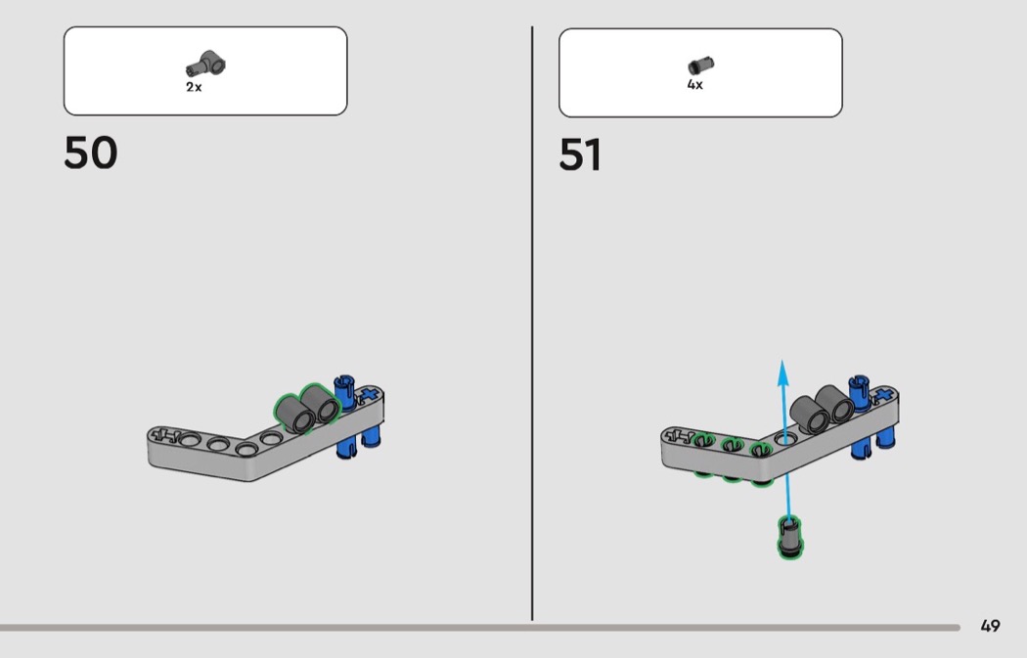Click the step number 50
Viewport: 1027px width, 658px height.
[x=90, y=154]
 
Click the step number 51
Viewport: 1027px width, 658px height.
[x=580, y=155]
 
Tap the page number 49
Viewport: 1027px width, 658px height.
[x=990, y=626]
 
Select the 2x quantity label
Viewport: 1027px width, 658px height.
[x=194, y=87]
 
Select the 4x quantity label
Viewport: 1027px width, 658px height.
[x=694, y=85]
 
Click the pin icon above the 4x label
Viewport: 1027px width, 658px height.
[x=700, y=66]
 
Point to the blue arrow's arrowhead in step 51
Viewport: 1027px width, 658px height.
[x=782, y=370]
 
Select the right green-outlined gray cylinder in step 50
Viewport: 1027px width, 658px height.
[x=322, y=402]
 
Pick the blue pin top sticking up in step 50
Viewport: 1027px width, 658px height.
[x=343, y=383]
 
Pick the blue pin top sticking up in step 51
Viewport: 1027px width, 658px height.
[x=859, y=383]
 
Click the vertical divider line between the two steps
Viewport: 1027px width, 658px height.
[x=533, y=323]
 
